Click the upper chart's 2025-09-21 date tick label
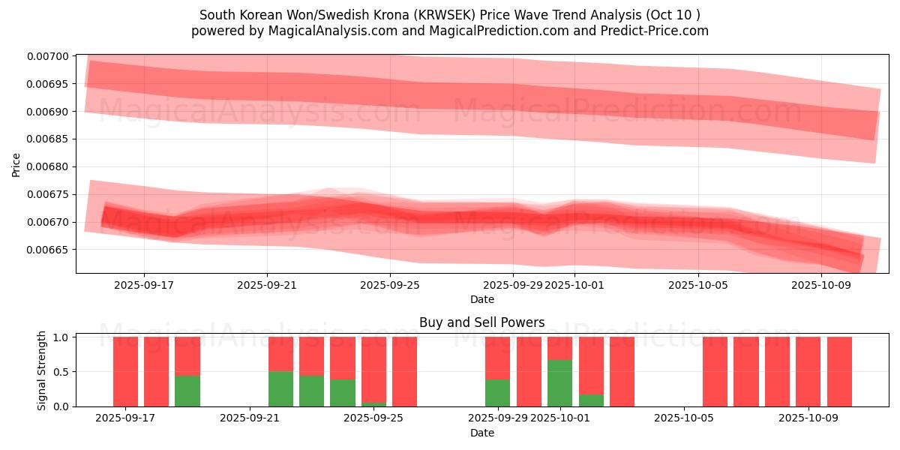(267, 285)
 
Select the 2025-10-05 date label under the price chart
(698, 285)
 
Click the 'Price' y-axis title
(16, 163)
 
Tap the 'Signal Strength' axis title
(42, 370)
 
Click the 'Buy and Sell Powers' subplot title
(481, 322)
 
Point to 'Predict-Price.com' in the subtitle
(658, 31)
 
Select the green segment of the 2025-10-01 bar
(559, 383)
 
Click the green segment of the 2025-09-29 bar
(497, 393)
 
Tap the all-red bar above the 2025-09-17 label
(125, 371)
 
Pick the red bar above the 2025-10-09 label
(808, 371)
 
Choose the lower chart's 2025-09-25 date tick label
(373, 418)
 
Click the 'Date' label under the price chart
(481, 299)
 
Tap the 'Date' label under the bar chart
(481, 433)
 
